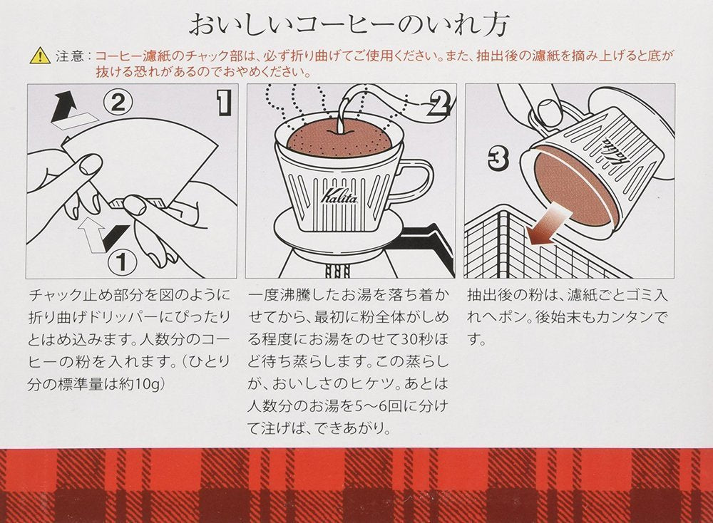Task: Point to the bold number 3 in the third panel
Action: pos(498,159)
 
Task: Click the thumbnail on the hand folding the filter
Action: pos(91,165)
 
